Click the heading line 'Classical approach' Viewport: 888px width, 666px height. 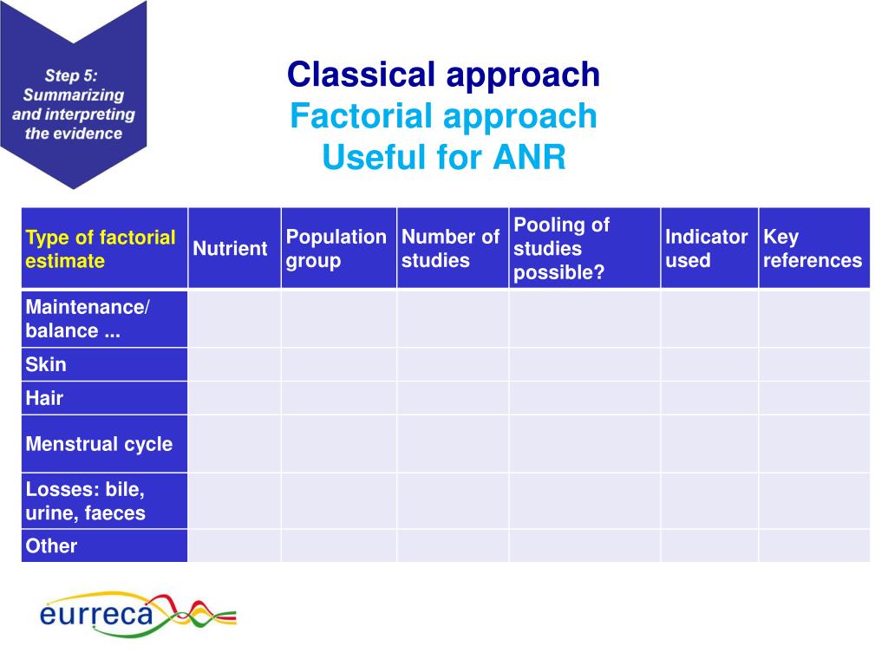[443, 75]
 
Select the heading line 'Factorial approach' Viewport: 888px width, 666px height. [443, 116]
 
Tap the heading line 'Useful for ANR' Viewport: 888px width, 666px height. [443, 158]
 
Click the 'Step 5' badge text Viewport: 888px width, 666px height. [73, 104]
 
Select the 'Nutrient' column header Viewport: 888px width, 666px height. [231, 249]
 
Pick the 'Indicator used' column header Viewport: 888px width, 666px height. [708, 249]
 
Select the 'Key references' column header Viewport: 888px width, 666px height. [813, 249]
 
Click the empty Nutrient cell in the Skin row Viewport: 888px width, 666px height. [234, 364]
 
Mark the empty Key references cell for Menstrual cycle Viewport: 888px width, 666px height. [813, 444]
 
